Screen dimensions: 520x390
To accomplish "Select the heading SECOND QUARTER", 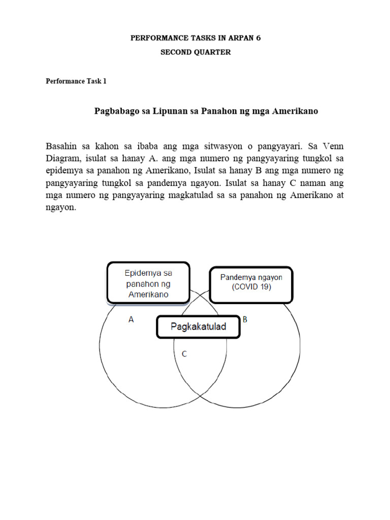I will pos(196,52).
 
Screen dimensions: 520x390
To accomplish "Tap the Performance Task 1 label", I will pos(76,81).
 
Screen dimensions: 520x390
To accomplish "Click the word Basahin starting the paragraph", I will pos(61,146).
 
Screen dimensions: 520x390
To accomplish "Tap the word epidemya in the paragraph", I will pos(63,171).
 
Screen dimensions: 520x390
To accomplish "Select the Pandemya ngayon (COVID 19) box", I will pos(251,283).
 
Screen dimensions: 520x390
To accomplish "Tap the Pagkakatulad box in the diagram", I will pos(198,327).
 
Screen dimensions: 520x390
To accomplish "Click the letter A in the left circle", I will pos(131,320).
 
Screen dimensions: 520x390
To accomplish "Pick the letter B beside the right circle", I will pos(245,320).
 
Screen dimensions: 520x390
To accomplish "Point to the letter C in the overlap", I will pos(184,354).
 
